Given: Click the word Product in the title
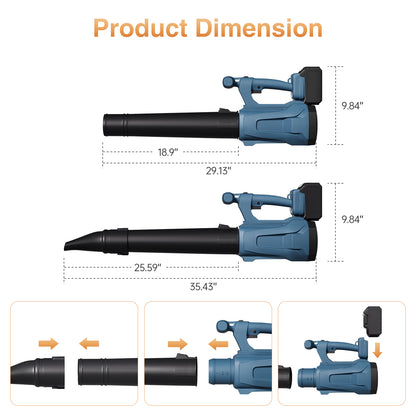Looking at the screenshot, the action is coord(140,28).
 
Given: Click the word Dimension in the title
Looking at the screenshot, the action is coord(259,28).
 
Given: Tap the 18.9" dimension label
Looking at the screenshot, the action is coord(168,152).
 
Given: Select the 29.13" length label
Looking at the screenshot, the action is coord(218,171).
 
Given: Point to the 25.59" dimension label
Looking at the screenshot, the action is coord(148,267).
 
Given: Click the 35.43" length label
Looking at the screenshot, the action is coord(203,286).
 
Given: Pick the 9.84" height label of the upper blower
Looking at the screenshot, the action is coord(352,106).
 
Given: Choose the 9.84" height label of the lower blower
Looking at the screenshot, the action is coord(352,219).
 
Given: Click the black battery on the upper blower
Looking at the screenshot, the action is coord(310,86).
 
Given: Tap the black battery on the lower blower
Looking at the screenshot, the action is coord(310,201).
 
